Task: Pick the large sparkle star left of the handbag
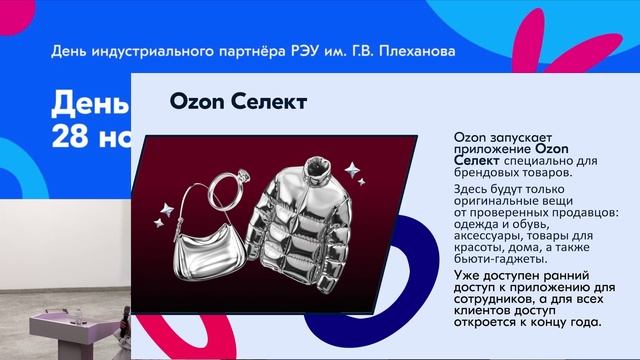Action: point(166,211)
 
